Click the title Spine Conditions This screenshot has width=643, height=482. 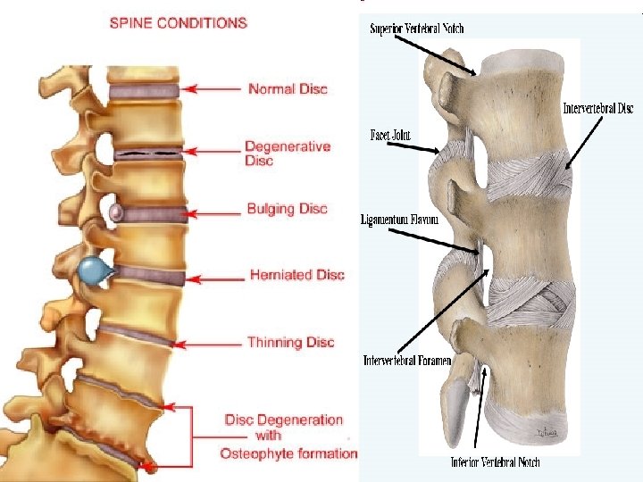(178, 23)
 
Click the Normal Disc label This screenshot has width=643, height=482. (288, 88)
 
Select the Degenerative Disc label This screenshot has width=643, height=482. (288, 154)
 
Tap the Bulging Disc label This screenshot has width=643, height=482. (288, 209)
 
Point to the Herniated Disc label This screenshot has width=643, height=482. (297, 275)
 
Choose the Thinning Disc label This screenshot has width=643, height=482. (290, 342)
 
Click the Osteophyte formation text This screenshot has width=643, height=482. (288, 453)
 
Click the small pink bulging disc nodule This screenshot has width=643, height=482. (116, 212)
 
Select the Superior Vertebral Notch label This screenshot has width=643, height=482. (417, 29)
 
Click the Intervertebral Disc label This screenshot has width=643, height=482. (597, 109)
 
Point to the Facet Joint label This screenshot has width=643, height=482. (390, 136)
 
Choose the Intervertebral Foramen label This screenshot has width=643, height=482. (407, 361)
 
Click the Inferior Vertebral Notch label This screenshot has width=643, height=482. (493, 462)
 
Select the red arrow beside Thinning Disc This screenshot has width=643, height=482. (213, 343)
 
